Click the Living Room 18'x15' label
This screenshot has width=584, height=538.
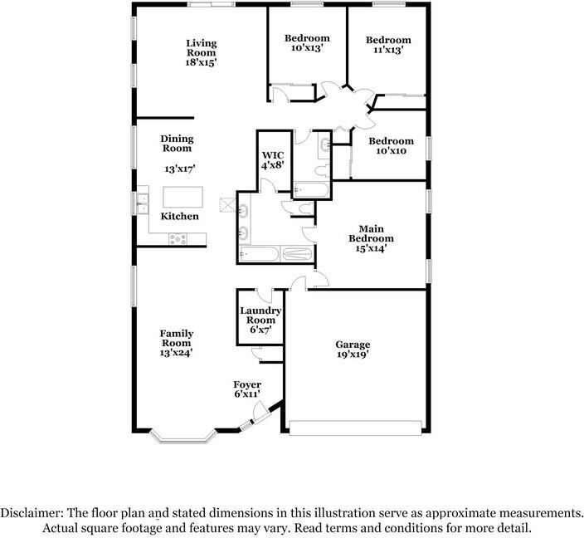click(201, 52)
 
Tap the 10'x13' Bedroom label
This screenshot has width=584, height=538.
click(307, 43)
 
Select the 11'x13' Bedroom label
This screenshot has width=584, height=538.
click(388, 45)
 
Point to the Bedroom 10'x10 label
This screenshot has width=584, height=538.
click(391, 146)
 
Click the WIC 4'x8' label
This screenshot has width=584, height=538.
click(273, 159)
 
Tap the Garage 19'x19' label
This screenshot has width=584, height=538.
click(353, 349)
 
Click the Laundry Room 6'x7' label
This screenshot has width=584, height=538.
click(260, 320)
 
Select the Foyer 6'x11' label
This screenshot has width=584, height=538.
click(247, 389)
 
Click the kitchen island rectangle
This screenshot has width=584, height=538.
click(182, 197)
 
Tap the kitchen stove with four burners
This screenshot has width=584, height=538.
click(178, 238)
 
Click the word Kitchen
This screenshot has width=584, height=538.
click(179, 216)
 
